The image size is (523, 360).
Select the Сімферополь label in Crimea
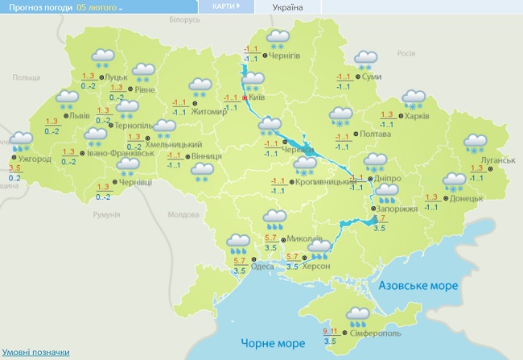click(374, 332)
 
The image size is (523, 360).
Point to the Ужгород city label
click(34, 159)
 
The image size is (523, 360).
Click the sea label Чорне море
click(268, 343)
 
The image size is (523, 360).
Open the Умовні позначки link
click(35, 353)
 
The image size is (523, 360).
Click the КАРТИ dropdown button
click(225, 6)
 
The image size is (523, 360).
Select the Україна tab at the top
click(287, 7)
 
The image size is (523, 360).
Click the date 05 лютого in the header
click(99, 7)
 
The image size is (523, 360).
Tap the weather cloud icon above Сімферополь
click(359, 312)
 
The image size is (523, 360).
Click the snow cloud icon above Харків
click(414, 98)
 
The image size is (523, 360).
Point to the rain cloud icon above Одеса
click(238, 242)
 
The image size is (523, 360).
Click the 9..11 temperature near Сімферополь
click(330, 330)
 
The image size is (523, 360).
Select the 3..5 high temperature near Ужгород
click(15, 167)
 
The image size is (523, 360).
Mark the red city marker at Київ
click(245, 97)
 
